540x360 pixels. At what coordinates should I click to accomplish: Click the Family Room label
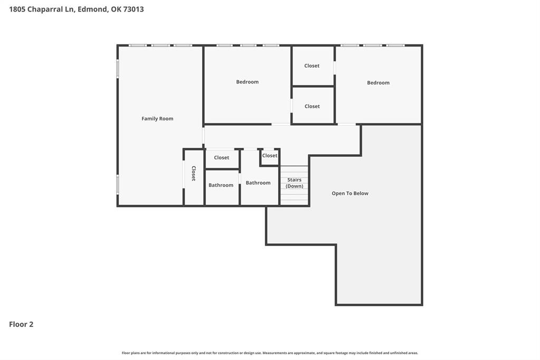(x=157, y=119)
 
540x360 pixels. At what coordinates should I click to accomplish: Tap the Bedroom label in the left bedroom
(x=247, y=82)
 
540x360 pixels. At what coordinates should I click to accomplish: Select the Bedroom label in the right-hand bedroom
(x=378, y=83)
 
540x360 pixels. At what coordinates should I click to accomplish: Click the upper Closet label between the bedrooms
(x=312, y=66)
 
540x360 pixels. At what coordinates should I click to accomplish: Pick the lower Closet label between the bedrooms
(x=312, y=107)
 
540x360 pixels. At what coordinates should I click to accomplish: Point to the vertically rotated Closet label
(x=193, y=174)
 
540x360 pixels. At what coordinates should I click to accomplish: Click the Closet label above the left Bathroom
(x=222, y=158)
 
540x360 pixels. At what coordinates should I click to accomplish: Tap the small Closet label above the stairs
(x=270, y=156)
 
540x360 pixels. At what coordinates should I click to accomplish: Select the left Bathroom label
(x=221, y=185)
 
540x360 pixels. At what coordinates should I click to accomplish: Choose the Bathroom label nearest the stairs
(x=258, y=183)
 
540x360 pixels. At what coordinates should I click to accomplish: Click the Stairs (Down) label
(x=295, y=183)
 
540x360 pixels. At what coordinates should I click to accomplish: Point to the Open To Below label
(x=350, y=194)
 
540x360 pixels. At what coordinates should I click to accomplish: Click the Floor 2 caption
(x=21, y=325)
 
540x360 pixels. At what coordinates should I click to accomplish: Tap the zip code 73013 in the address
(x=134, y=9)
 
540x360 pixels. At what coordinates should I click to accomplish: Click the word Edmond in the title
(x=93, y=9)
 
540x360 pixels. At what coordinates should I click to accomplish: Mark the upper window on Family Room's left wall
(x=118, y=69)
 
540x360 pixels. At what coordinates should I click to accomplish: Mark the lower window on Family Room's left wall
(x=118, y=185)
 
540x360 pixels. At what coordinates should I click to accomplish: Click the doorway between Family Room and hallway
(x=203, y=136)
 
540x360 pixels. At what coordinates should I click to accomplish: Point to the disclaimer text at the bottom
(x=270, y=353)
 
